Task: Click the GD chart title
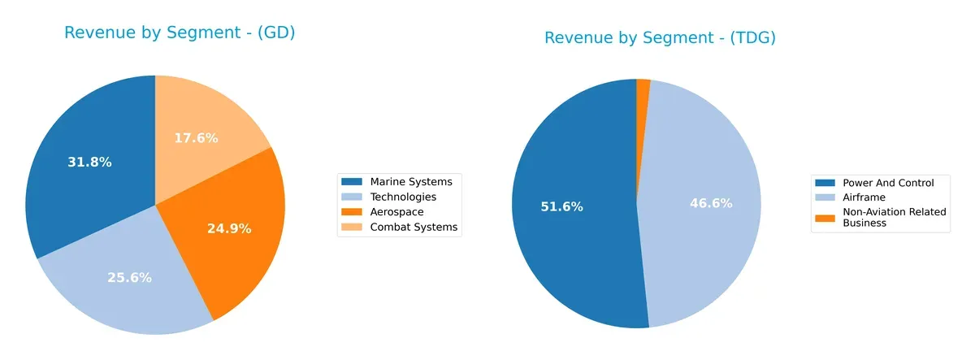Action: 180,33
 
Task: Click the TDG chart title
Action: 660,38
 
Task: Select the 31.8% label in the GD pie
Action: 89,162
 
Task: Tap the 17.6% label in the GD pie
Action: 196,138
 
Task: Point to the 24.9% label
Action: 229,228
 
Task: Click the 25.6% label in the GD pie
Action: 129,277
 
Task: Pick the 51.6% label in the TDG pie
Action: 561,206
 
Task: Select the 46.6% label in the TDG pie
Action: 711,203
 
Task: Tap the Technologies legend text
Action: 402,197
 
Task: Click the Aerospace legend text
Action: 396,212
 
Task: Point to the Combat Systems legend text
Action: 414,228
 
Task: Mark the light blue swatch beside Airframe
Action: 825,197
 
